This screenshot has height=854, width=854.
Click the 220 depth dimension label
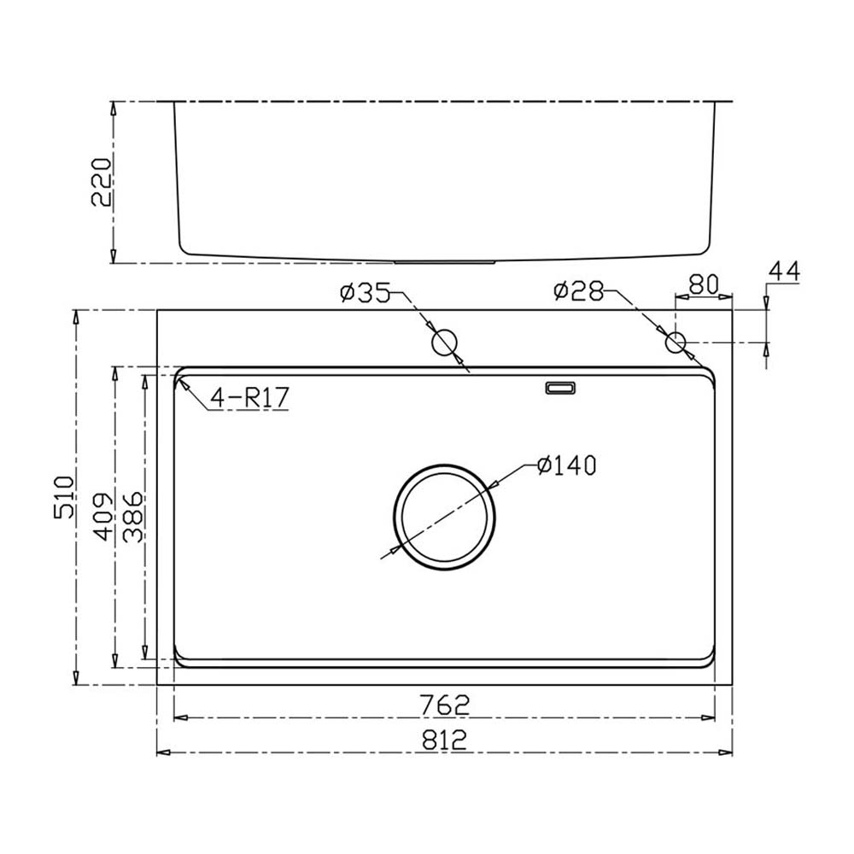[x=102, y=182]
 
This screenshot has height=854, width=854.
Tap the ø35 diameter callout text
[x=365, y=293]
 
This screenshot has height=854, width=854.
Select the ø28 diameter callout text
[x=578, y=290]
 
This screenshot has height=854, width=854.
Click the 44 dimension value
[x=784, y=271]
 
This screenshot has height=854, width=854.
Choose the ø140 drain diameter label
[x=566, y=465]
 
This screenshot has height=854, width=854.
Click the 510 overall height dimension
[x=64, y=497]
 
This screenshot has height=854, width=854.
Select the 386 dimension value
[x=133, y=518]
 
